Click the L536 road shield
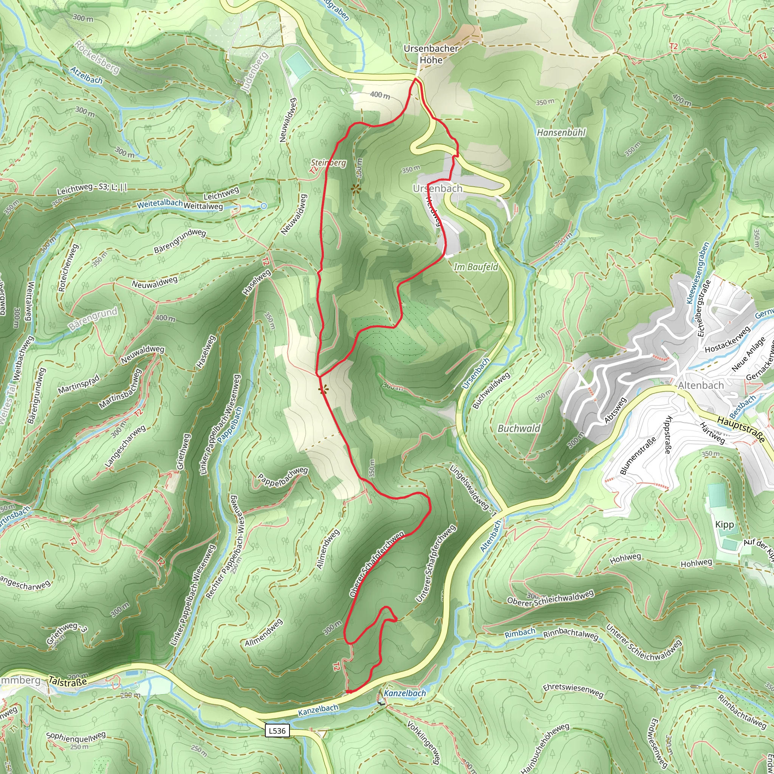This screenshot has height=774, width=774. click(x=277, y=731)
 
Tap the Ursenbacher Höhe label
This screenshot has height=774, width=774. click(x=431, y=54)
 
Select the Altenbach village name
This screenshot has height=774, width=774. click(x=701, y=385)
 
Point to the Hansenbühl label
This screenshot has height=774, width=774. click(x=561, y=133)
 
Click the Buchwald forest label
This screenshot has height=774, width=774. click(x=519, y=428)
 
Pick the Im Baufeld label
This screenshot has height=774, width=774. click(x=476, y=267)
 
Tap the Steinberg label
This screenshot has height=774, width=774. click(x=328, y=163)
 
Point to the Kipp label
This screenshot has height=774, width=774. click(x=724, y=525)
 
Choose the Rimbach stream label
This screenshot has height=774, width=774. click(x=520, y=633)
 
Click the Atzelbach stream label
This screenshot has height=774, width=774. click(x=87, y=75)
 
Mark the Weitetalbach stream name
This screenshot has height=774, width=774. click(x=160, y=204)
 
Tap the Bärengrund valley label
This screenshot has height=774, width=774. click(x=93, y=319)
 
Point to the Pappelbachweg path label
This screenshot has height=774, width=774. click(x=282, y=477)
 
